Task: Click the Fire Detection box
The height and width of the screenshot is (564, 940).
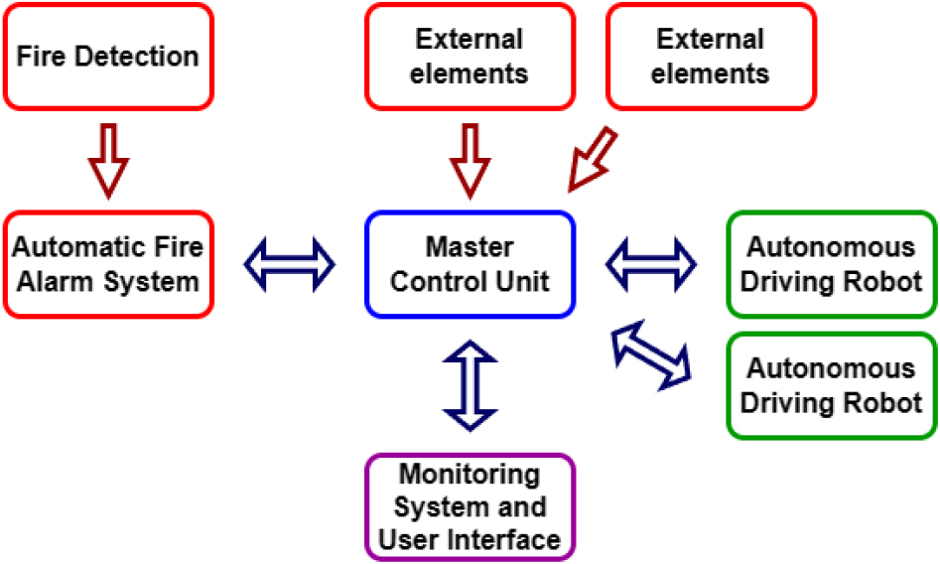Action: point(108,56)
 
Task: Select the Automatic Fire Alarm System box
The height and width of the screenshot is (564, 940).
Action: point(108,264)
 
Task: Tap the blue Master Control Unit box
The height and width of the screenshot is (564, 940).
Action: point(470,264)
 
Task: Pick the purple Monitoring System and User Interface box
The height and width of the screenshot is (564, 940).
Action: point(470,506)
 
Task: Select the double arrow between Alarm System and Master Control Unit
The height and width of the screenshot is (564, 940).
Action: point(290,264)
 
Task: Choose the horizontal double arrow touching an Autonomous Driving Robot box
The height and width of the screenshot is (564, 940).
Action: point(651,264)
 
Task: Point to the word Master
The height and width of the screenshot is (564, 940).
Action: point(470,246)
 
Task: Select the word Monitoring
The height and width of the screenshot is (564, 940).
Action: point(470,473)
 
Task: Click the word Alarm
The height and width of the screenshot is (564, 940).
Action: point(62,282)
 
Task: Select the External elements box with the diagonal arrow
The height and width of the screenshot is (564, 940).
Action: point(711,56)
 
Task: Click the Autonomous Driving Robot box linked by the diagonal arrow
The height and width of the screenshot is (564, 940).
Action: point(832,385)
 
